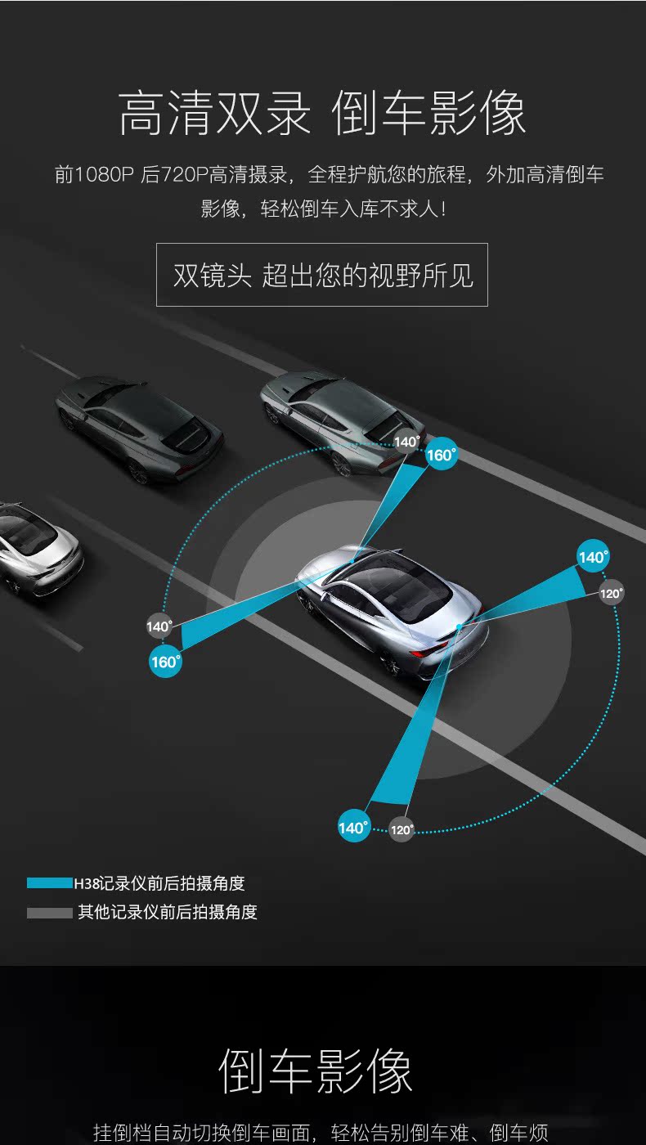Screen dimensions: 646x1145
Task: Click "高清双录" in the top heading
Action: coord(214,113)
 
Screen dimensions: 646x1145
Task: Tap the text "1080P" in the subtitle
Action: coord(104,174)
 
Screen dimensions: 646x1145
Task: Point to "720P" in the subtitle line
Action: coord(184,174)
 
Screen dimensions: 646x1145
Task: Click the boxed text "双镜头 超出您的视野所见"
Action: coord(322,275)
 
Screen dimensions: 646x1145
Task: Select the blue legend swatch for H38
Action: coord(49,883)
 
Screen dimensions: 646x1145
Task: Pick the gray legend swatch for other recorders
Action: coord(49,912)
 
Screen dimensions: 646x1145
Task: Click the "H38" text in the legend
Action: coord(86,883)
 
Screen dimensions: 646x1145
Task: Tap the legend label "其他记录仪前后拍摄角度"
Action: coord(168,912)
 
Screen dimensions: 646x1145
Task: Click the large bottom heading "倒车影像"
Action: coord(316,1070)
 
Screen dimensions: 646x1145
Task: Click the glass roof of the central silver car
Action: coord(393,587)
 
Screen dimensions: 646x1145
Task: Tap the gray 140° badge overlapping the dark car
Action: coord(406,442)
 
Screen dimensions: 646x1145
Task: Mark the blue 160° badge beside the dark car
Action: coord(441,455)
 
